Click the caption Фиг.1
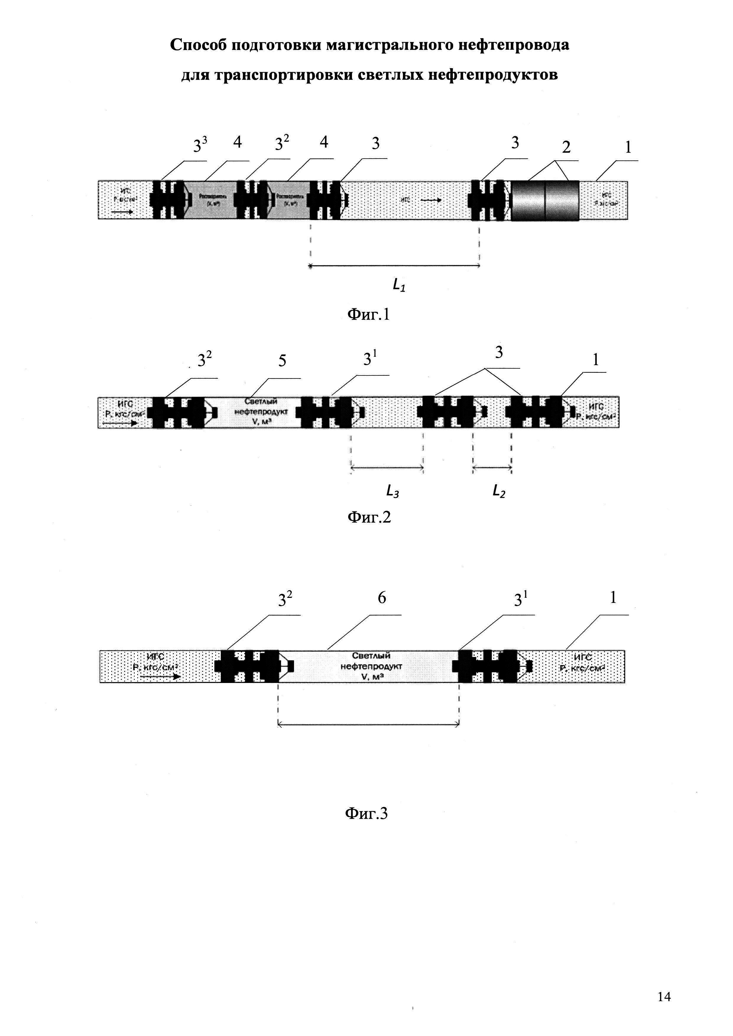pos(368,315)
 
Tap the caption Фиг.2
pos(369,517)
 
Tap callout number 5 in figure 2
pos(282,361)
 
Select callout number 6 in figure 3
pos(382,598)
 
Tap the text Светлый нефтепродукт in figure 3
pos(371,666)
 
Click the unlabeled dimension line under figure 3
pos(368,725)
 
